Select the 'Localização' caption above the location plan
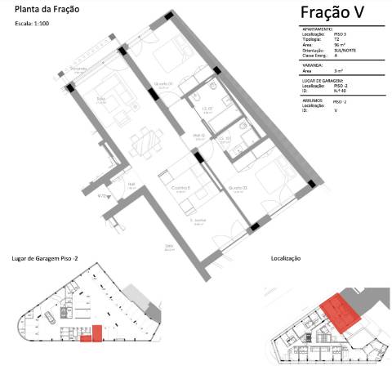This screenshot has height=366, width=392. click(x=286, y=257)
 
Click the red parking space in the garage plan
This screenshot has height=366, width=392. click(x=95, y=331)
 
